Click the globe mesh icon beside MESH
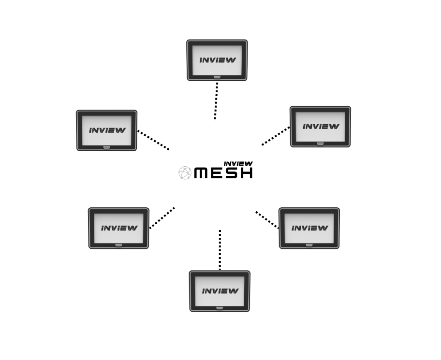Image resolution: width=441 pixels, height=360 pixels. pos(185,173)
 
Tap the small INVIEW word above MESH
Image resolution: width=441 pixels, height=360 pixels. pos(238,164)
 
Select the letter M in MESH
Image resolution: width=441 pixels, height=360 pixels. pos(202,173)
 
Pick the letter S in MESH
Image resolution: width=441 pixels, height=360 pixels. pos(231,173)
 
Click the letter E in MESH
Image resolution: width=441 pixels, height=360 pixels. pos(217,173)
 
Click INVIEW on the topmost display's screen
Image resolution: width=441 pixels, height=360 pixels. pos(218,60)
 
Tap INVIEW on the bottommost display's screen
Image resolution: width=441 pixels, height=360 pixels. pos(220,291)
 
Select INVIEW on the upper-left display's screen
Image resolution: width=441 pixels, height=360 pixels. pos(107,130)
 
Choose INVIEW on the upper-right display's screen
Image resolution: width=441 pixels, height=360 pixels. pos(321,127)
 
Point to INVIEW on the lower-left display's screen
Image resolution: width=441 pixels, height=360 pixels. pos(119,228)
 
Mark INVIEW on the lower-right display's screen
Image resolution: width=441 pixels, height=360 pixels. pos(309,228)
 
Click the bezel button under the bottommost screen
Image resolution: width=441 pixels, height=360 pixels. pos(220,307)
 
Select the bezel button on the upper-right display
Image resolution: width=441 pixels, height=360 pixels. pos(321,143)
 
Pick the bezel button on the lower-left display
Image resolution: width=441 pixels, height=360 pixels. pos(119,245)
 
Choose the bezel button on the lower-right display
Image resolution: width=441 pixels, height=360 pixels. pos(309,245)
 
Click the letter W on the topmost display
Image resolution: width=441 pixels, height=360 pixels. pos(231,60)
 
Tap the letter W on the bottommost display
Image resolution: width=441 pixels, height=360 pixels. pos(234,291)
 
